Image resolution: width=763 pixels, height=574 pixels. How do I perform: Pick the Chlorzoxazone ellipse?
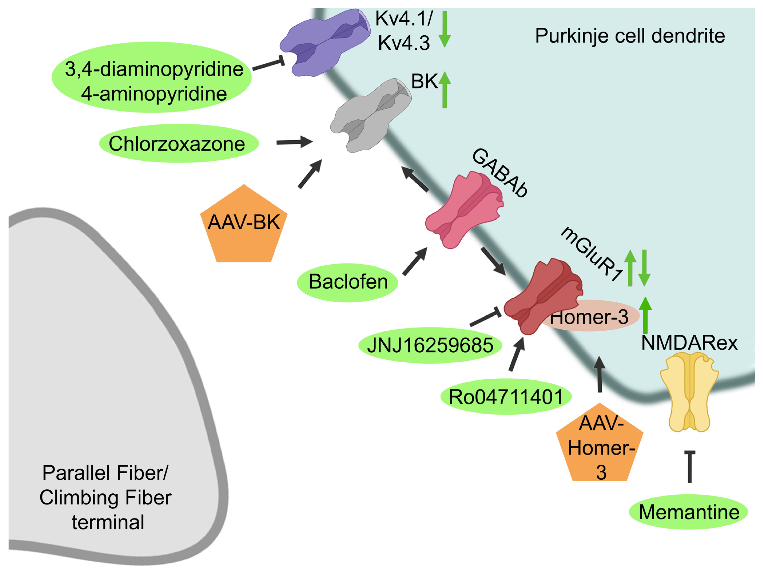179,143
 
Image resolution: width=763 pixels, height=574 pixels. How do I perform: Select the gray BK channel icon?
371,115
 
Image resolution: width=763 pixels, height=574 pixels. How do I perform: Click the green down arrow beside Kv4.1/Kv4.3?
445,29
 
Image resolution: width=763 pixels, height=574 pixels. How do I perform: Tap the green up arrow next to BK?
445,90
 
